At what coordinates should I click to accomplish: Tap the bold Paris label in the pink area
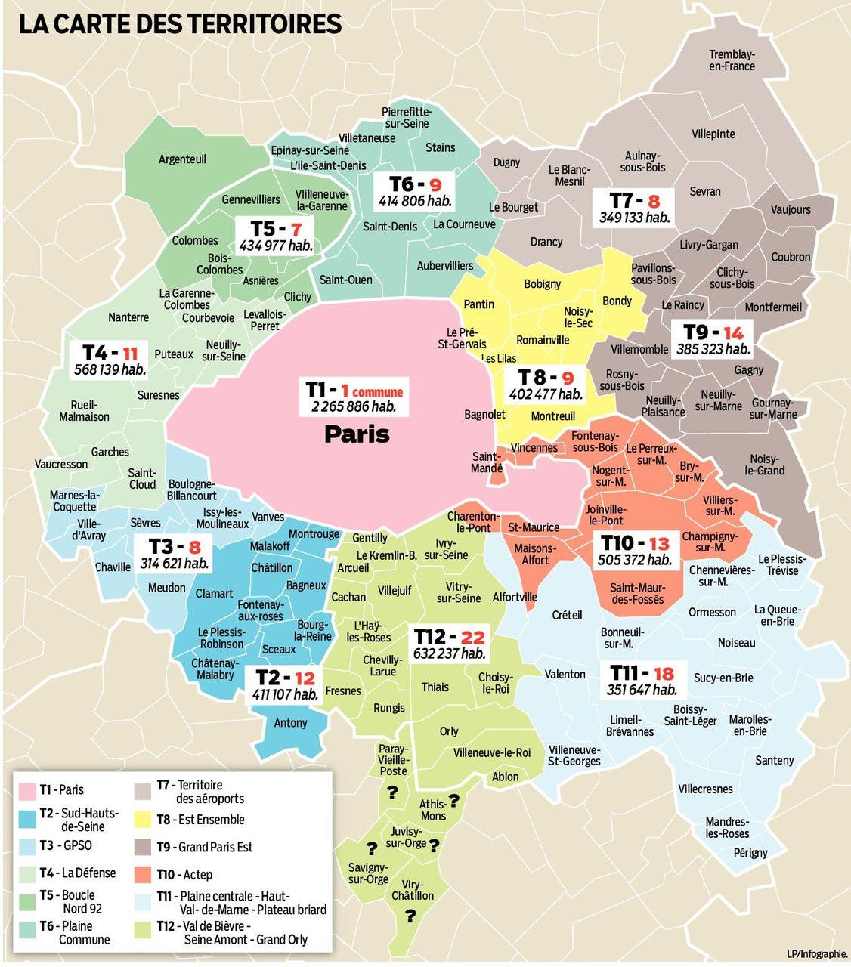point(357,434)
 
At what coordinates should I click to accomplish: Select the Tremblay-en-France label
point(731,60)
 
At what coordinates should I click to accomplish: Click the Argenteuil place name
point(182,159)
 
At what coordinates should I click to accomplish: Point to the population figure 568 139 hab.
point(110,369)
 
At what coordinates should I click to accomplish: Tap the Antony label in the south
point(290,723)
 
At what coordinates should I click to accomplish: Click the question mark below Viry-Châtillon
point(410,916)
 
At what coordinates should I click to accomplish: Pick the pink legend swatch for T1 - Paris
point(28,790)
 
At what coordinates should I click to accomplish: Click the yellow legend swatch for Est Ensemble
point(144,820)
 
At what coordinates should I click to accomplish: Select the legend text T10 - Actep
point(185,874)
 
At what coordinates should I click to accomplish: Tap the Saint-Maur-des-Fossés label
point(637,593)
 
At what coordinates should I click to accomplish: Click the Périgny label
point(750,852)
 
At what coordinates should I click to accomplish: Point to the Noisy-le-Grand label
point(764,465)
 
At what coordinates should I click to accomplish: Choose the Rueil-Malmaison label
point(84,410)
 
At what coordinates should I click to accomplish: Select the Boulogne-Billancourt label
point(192,490)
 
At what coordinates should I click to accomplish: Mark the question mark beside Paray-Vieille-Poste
point(392,792)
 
